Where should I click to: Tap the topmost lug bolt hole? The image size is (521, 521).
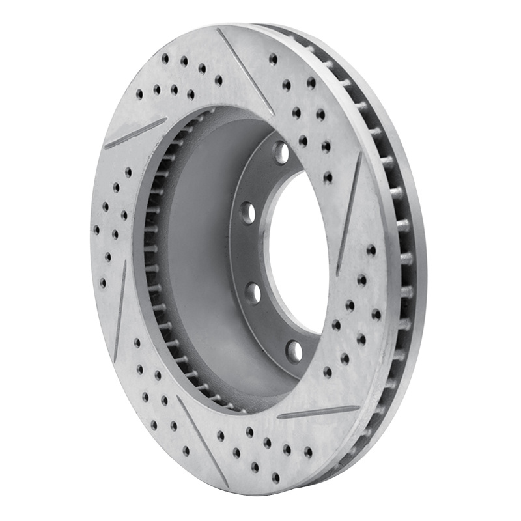tap(281, 152)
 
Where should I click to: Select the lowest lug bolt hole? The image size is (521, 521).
tap(294, 351)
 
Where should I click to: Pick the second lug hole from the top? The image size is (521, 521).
tap(247, 212)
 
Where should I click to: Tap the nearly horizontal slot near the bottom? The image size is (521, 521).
tap(318, 412)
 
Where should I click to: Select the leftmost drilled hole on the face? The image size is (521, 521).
tap(96, 230)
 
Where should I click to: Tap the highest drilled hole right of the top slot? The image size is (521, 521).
tap(273, 59)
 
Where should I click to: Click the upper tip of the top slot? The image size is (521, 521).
tap(220, 30)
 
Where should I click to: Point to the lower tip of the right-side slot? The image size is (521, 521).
tap(339, 274)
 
